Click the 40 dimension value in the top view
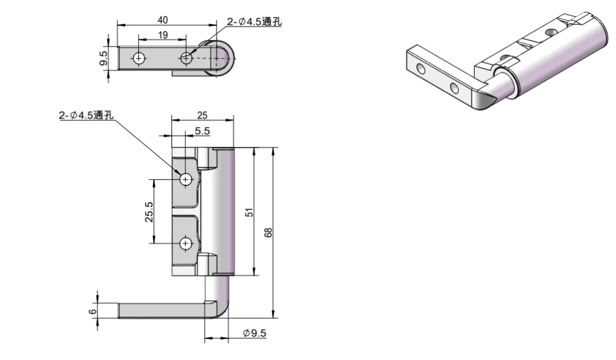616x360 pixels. click(163, 20)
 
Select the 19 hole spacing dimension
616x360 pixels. click(163, 36)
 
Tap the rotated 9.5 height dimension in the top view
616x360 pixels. click(103, 58)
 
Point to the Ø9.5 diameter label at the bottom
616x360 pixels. click(254, 334)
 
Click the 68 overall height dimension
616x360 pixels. click(268, 232)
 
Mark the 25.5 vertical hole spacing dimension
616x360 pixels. click(149, 212)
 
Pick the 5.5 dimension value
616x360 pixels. click(202, 130)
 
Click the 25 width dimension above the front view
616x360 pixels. click(202, 114)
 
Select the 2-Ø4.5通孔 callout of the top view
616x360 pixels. click(254, 22)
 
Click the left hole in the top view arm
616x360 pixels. click(140, 58)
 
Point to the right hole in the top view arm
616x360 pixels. click(186, 58)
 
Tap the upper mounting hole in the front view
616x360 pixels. click(186, 179)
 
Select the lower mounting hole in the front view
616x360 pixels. click(186, 243)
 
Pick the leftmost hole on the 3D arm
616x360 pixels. click(420, 70)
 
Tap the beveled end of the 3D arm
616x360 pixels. click(486, 99)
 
